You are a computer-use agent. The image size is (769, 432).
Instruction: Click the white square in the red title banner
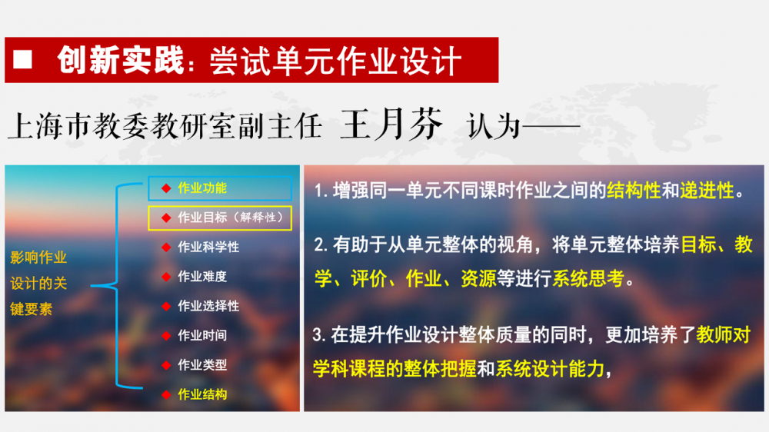(22, 59)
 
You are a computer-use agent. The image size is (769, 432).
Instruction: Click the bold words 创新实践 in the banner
(120, 60)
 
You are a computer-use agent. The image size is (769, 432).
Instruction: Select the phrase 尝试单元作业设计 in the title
(336, 61)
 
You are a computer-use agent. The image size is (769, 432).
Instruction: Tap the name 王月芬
(391, 124)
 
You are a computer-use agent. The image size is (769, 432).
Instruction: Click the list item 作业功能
(202, 188)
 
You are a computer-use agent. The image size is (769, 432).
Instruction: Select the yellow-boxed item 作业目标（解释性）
(231, 218)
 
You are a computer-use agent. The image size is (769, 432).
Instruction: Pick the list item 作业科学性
(208, 247)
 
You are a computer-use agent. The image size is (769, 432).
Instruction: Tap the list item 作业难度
(202, 277)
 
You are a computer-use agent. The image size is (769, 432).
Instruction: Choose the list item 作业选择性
(208, 306)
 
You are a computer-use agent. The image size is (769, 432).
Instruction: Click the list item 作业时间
(202, 335)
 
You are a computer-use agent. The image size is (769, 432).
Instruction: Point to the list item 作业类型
(202, 365)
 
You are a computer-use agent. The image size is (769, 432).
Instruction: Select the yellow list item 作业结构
(202, 394)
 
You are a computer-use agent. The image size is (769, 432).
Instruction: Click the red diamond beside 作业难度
(166, 277)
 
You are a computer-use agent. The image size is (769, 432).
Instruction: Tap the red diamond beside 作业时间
(166, 335)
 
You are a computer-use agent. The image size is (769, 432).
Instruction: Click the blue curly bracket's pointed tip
(92, 285)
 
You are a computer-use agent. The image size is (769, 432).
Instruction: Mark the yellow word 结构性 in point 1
(634, 191)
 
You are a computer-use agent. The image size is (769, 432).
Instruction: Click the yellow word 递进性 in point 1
(707, 191)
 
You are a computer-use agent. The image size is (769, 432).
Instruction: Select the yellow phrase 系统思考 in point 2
(588, 278)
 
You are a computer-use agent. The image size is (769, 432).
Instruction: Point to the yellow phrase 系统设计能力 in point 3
(550, 369)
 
